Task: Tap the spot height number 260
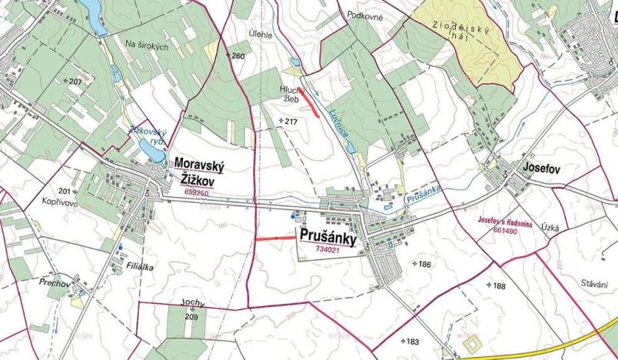click(x=238, y=56)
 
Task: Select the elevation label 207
click(x=74, y=82)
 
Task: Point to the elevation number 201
click(x=64, y=191)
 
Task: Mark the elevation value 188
click(x=499, y=286)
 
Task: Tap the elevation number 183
click(x=411, y=342)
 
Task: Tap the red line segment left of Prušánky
click(x=274, y=238)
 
